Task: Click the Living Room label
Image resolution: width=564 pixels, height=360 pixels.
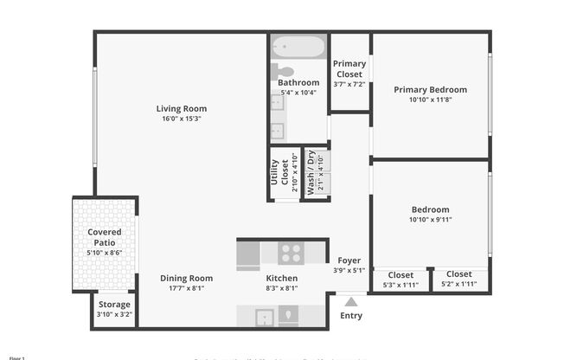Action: tap(182, 109)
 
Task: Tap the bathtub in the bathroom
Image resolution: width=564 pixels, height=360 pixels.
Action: tap(298, 46)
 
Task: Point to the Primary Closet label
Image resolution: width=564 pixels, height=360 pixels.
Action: tap(349, 68)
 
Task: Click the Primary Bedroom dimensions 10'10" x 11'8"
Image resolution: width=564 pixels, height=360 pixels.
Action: tap(430, 100)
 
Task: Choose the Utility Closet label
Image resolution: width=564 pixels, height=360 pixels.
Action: tap(279, 173)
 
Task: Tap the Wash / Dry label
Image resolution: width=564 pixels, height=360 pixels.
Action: tap(311, 173)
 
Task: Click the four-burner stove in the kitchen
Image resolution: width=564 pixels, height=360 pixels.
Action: tap(292, 254)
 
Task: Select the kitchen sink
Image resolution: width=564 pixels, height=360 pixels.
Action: tap(265, 317)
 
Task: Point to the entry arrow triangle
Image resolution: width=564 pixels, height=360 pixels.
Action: tap(351, 301)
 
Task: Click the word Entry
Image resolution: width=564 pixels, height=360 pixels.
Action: tap(351, 315)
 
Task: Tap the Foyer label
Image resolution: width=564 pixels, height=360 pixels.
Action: tap(349, 260)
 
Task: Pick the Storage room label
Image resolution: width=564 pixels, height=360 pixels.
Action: tap(114, 305)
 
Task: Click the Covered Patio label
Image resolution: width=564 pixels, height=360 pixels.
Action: tap(105, 237)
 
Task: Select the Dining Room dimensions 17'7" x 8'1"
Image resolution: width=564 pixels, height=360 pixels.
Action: tap(186, 290)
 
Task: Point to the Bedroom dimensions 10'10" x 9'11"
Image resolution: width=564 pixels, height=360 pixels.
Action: tap(430, 220)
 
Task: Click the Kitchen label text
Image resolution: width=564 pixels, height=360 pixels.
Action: tap(281, 279)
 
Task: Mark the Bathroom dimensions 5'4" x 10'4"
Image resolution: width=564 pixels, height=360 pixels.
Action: tap(298, 93)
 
